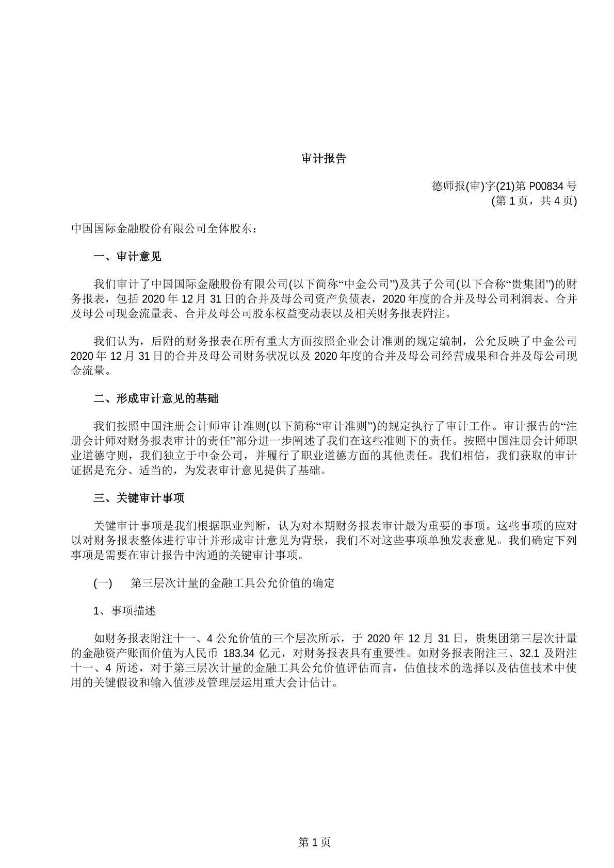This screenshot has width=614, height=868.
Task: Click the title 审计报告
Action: click(x=324, y=159)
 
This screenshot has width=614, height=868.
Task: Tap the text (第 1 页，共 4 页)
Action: click(x=534, y=201)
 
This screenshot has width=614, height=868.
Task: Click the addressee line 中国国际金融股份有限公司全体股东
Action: click(x=164, y=228)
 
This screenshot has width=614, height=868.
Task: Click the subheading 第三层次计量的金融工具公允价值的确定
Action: click(x=233, y=583)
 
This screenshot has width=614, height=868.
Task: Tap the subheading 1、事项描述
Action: click(x=124, y=611)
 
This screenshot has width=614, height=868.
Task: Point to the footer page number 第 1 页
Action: click(x=314, y=842)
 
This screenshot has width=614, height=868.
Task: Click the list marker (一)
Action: click(x=103, y=583)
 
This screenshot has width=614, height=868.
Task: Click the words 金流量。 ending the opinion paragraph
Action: click(x=91, y=370)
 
